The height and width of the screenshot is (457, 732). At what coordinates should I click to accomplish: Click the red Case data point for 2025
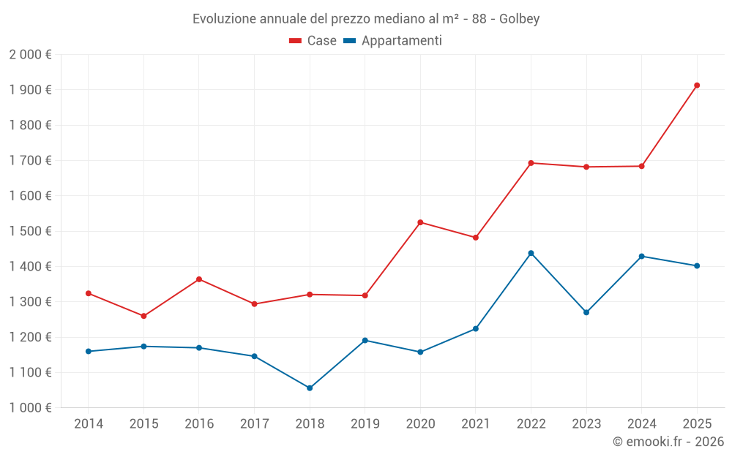[x=697, y=86]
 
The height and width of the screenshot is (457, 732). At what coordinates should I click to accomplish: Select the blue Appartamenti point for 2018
[x=310, y=388]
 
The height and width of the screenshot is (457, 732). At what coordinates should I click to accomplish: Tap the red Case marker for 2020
[x=420, y=222]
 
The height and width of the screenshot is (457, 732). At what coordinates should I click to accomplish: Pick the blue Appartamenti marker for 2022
[x=531, y=253]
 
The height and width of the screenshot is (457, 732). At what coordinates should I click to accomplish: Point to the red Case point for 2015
[x=143, y=316]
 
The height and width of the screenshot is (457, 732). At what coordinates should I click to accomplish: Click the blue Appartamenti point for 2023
[x=586, y=312]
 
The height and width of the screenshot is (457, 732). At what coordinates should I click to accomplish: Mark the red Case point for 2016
[x=199, y=279]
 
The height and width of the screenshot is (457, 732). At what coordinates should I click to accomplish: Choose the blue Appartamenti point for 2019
[x=365, y=340]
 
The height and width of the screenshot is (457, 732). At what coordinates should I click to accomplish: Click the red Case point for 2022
[x=531, y=163]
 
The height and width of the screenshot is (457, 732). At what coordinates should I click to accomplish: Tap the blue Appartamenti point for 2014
[x=89, y=352]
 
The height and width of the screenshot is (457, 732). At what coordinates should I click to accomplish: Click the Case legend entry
[x=313, y=41]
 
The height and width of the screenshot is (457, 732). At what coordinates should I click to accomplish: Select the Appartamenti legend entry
[x=393, y=41]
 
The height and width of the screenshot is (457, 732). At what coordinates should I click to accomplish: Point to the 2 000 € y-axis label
[x=31, y=55]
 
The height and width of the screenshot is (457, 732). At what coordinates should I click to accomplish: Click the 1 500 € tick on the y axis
[x=31, y=231]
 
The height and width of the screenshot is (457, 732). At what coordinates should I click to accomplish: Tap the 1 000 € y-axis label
[x=31, y=408]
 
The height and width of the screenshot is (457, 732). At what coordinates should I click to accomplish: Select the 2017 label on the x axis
[x=254, y=423]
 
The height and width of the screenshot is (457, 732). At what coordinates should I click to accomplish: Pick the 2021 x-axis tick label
[x=475, y=423]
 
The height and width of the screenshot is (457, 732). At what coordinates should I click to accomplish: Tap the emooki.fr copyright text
[x=668, y=442]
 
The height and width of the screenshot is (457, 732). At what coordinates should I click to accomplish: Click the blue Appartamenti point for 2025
[x=697, y=266]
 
